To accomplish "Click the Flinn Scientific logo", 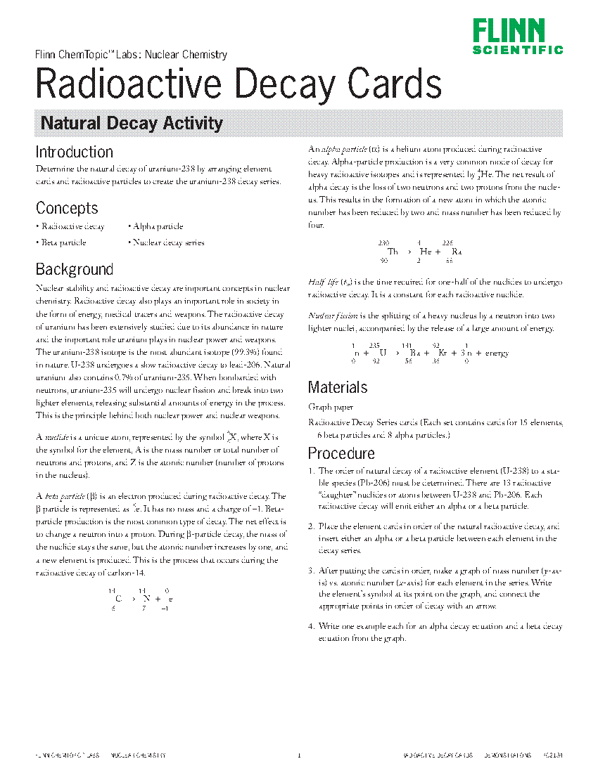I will (x=518, y=37).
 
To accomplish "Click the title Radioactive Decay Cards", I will (x=238, y=84).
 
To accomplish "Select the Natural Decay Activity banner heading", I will (x=132, y=124).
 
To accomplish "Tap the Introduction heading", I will (x=74, y=152).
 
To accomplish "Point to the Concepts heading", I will (x=67, y=208).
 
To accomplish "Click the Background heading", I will (x=74, y=269).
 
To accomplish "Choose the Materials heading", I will (x=338, y=387).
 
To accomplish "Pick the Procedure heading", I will (x=341, y=453).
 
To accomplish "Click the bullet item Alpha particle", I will (x=158, y=226).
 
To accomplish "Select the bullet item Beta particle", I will (x=63, y=242).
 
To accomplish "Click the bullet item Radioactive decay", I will (x=72, y=226).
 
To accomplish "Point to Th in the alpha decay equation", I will (x=393, y=252).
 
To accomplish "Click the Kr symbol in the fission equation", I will (x=443, y=353).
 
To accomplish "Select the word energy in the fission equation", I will (x=497, y=353).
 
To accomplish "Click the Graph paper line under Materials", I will (x=331, y=407).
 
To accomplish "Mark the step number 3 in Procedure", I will (x=311, y=570).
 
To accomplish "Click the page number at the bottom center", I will (x=299, y=755).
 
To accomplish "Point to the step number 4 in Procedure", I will (x=311, y=626).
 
